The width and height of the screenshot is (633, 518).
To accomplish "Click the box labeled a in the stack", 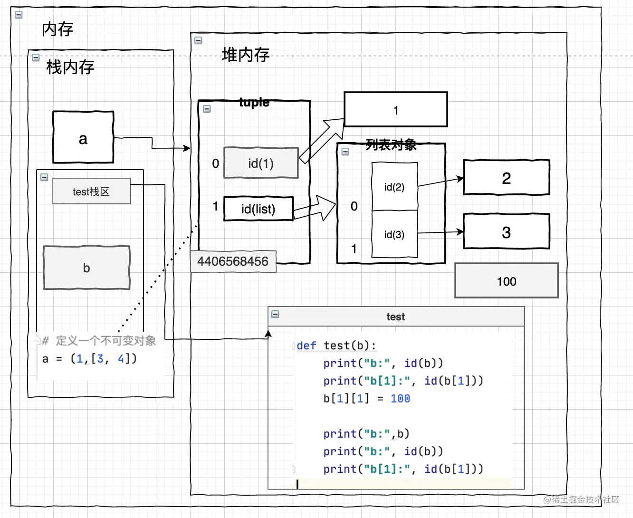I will click(83, 137).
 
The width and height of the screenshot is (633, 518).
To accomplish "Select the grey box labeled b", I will click(86, 268).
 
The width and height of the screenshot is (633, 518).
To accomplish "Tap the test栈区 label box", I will click(91, 192).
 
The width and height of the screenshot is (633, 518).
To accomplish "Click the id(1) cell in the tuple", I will click(261, 163).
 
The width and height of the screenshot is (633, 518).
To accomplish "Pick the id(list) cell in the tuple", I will click(258, 209).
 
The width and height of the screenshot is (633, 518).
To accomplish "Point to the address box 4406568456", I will click(233, 261).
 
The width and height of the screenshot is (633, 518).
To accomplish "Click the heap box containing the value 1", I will click(396, 110).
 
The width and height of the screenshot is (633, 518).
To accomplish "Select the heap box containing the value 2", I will click(506, 178).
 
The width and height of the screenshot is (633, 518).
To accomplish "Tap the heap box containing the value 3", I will click(506, 232).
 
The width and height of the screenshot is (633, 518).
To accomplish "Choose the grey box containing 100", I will click(506, 281).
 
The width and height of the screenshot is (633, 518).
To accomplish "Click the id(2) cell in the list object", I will click(394, 187).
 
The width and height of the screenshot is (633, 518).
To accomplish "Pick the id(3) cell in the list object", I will click(394, 234).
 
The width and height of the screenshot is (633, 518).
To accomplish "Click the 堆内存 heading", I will click(246, 55).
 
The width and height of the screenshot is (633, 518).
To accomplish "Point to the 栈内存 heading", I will click(70, 67).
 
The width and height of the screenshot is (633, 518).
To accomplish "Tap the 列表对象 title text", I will click(391, 145).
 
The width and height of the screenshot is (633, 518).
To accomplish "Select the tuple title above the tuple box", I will click(254, 102).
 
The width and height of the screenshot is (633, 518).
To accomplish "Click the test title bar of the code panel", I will click(395, 317).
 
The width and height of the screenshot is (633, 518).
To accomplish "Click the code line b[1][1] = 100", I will click(366, 399).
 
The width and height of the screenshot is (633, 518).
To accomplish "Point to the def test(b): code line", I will click(336, 345).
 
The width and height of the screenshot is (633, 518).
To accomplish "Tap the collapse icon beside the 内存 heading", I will click(19, 15).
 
